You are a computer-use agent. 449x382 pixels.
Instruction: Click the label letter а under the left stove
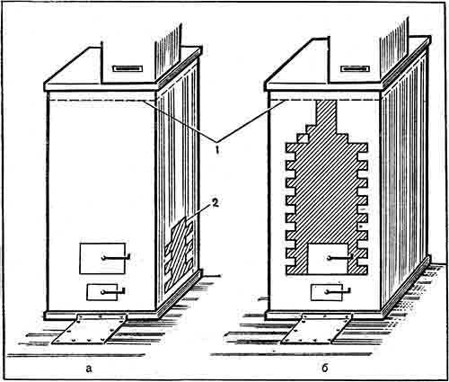[x=89, y=369]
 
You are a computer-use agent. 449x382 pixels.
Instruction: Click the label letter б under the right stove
[x=325, y=368]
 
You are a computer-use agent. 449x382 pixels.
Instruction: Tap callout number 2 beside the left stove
[x=216, y=203]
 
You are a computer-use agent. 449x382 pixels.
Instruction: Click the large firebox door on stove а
[x=102, y=258]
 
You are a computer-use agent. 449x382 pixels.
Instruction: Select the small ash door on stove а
[x=102, y=292]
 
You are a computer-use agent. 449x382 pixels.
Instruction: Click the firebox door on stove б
[x=328, y=259]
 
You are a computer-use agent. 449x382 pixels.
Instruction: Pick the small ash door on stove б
[x=327, y=292]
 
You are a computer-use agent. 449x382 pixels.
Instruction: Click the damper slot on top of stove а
[x=127, y=69]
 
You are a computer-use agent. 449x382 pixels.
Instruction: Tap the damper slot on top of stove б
[x=355, y=69]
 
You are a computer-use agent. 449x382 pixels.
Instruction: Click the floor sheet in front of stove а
[x=90, y=329]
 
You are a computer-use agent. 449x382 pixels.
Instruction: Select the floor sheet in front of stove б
[x=317, y=329]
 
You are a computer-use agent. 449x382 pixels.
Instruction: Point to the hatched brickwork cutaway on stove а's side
[x=179, y=254]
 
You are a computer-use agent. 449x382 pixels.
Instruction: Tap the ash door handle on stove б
[x=338, y=290]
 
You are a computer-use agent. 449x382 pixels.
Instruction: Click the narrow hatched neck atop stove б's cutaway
[x=326, y=113]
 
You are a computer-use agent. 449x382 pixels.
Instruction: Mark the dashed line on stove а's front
[x=101, y=101]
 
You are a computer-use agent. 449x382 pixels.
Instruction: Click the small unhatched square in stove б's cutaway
[x=303, y=138]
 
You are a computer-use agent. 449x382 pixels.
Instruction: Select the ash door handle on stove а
[x=113, y=290]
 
